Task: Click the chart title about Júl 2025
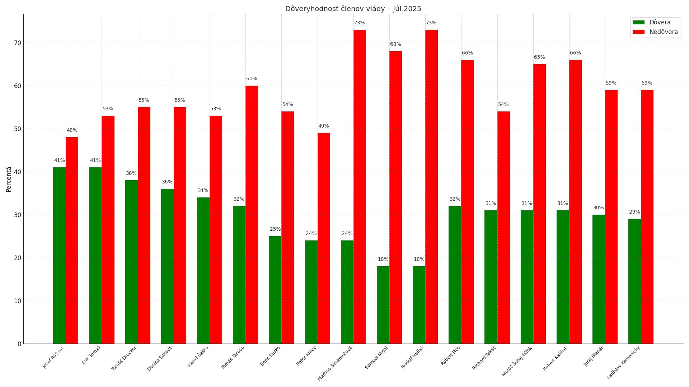(353, 9)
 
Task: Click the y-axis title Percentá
(9, 179)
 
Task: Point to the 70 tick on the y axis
(18, 43)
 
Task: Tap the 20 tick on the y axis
(18, 258)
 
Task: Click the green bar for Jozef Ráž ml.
(60, 255)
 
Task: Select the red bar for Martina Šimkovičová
(360, 186)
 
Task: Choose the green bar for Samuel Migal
(383, 305)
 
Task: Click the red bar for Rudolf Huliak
(431, 186)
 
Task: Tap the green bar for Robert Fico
(455, 274)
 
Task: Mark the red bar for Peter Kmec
(324, 238)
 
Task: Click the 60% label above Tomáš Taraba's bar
(252, 79)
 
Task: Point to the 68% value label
(395, 44)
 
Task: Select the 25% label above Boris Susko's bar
(275, 229)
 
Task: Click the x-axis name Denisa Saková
(160, 358)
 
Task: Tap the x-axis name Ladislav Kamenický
(624, 362)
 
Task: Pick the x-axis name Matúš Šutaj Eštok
(517, 361)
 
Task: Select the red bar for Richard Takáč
(503, 227)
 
